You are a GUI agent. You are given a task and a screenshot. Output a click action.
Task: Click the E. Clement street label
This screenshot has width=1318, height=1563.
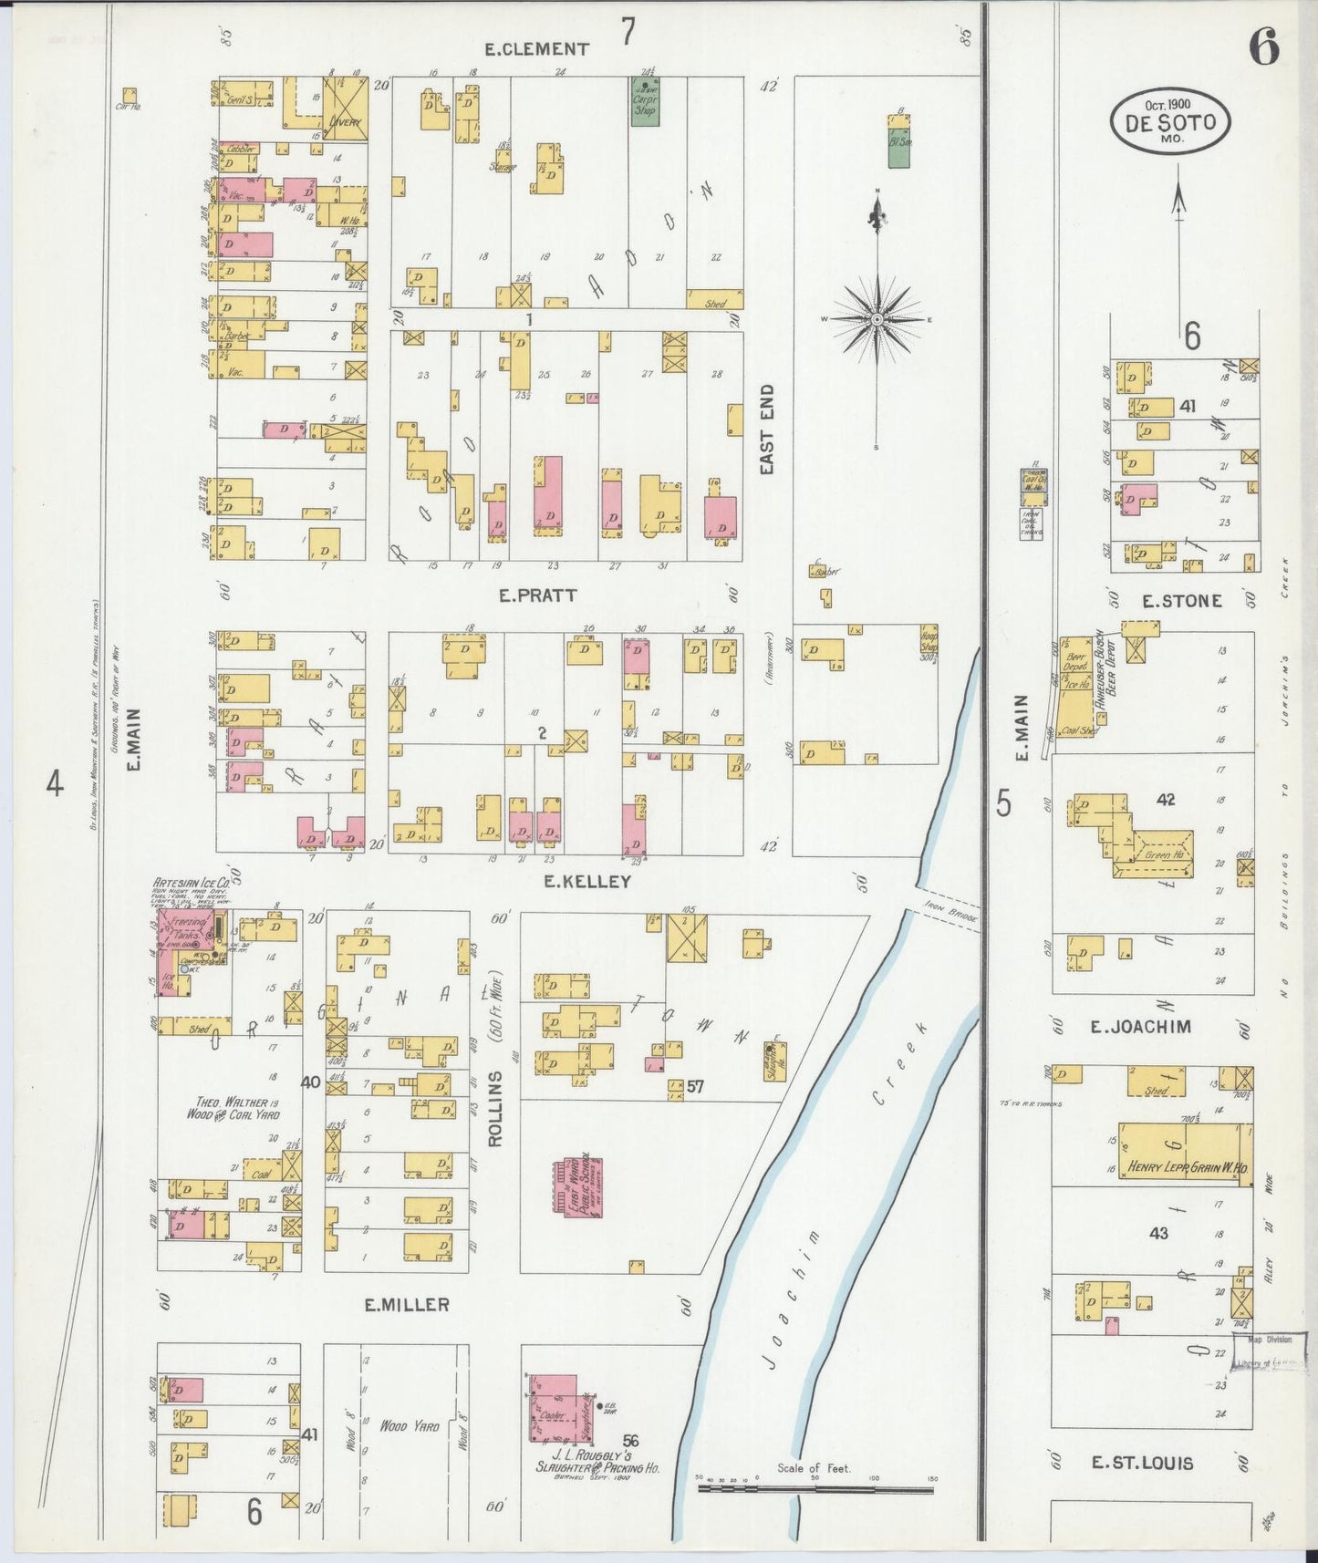point(537,49)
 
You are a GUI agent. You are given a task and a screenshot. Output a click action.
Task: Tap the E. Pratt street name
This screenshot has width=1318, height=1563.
point(537,595)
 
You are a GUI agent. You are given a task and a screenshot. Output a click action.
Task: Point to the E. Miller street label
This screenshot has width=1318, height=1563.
point(407,1305)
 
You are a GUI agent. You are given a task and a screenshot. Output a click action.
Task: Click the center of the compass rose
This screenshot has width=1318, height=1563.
point(877,319)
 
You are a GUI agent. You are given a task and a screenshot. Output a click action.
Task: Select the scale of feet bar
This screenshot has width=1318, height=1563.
point(815,1489)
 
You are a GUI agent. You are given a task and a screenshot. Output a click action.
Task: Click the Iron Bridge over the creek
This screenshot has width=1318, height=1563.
point(947,908)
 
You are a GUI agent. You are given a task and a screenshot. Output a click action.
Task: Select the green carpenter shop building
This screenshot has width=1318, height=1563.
point(646,102)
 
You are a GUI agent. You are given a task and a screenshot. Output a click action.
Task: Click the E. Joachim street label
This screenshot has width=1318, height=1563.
point(1141,1027)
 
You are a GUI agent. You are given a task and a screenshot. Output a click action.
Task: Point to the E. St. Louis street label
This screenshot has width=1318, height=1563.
point(1142,1463)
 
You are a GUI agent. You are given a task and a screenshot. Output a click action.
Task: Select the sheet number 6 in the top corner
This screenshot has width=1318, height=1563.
point(1263,46)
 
